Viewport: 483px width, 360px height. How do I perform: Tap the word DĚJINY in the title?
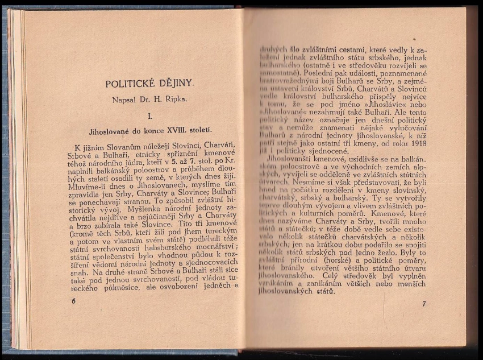point(175,84)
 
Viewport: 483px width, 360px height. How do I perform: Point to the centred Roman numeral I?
point(150,117)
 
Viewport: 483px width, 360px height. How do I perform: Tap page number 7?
point(423,304)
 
